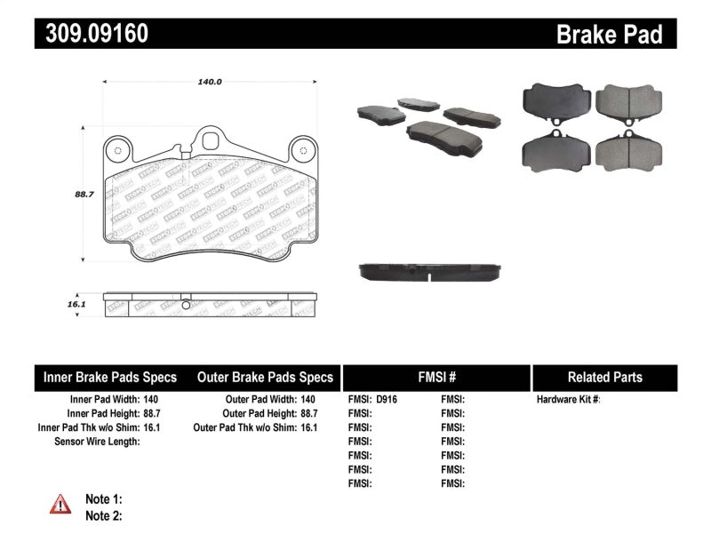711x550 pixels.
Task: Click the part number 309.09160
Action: coord(92,34)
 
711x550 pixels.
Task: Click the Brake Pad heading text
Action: coord(609,34)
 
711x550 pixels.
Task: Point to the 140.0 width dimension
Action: coord(209,82)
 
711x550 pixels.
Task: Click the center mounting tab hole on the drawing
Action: coord(211,140)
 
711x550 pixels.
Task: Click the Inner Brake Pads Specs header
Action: coord(110,378)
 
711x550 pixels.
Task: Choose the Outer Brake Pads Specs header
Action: coord(264,378)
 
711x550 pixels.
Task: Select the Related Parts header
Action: coord(604,378)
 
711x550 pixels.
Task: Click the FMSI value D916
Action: coord(387,400)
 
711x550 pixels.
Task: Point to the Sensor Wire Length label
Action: coord(98,442)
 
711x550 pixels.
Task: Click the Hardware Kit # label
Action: coord(568,400)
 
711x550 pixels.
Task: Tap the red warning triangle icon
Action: coord(60,506)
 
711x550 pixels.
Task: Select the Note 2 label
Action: coord(103,515)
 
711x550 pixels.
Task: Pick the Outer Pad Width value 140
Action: coord(308,400)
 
